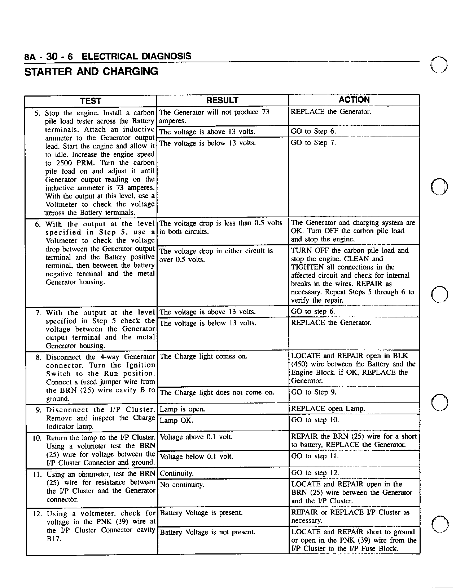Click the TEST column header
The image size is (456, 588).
(x=91, y=101)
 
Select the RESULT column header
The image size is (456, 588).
(x=222, y=100)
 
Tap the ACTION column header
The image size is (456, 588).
(x=354, y=100)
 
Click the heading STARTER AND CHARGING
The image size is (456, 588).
(x=91, y=71)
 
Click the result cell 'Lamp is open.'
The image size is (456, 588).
(x=182, y=409)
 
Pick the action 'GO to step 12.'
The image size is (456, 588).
(x=315, y=473)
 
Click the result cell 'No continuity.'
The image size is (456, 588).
(x=182, y=485)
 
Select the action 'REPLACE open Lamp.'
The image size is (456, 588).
(x=328, y=409)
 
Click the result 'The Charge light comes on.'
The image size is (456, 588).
(x=203, y=356)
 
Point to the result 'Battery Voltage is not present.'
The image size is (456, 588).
(x=207, y=532)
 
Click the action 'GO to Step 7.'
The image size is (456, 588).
(x=313, y=143)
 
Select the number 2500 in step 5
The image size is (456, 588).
(x=65, y=163)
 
